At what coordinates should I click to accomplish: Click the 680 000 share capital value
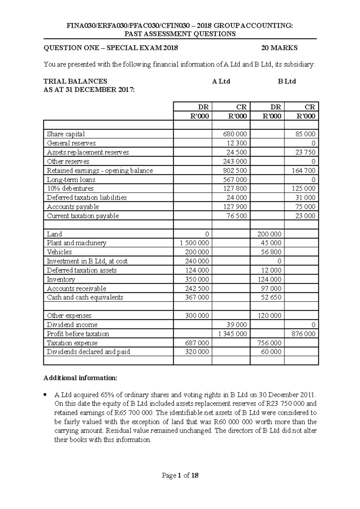tap(235, 134)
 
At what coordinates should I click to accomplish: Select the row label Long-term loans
tap(71, 180)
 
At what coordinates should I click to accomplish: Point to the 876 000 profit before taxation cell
tap(303, 334)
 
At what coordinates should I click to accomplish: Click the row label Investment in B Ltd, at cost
tap(87, 261)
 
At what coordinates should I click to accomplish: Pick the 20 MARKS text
tap(279, 48)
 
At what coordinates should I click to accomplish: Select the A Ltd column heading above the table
tap(221, 82)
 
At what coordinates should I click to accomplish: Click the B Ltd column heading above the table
tap(287, 82)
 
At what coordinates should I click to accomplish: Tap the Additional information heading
tap(80, 378)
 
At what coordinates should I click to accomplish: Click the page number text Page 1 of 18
tap(180, 475)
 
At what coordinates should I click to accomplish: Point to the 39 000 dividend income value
tap(237, 325)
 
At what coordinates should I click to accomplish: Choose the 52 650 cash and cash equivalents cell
tap(271, 297)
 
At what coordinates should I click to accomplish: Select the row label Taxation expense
tap(72, 343)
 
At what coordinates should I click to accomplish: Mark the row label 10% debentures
tap(70, 189)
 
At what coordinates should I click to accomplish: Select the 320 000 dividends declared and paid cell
tap(197, 352)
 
